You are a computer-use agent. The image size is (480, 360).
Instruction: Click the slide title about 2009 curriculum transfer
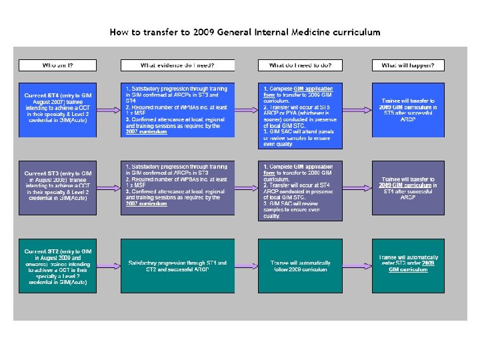245,31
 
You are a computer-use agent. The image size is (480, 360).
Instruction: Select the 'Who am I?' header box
59,65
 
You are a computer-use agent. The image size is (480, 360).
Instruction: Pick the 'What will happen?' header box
408,65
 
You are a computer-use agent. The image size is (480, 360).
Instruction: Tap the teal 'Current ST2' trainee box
59,266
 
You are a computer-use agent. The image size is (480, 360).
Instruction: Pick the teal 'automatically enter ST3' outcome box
408,266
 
